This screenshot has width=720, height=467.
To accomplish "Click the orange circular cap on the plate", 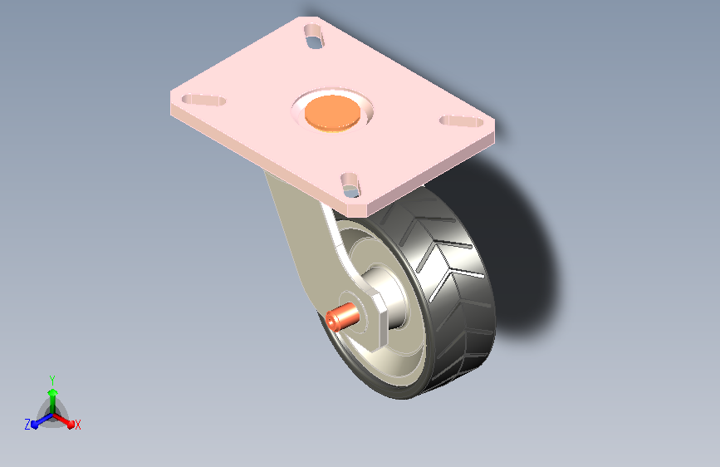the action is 332,112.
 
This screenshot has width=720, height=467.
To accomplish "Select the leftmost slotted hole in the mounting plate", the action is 204,101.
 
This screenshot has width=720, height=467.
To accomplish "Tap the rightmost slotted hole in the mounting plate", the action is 462,121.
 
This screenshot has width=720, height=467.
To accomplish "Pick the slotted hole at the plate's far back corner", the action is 314,37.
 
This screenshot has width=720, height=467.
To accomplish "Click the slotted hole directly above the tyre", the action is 350,184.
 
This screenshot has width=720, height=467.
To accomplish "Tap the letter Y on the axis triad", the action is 52,381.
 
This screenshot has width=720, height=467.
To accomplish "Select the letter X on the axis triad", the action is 77,425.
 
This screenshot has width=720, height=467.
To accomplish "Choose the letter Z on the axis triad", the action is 27,425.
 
